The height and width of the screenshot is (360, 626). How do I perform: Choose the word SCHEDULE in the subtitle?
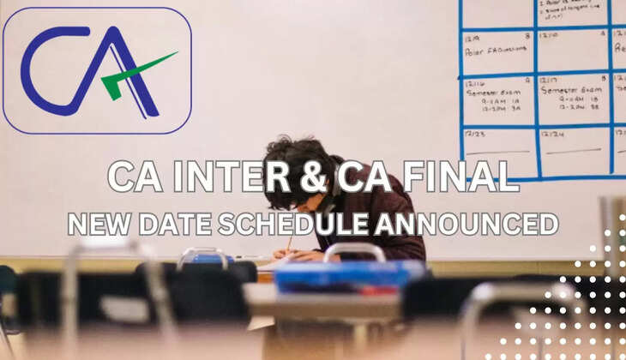pos(292,225)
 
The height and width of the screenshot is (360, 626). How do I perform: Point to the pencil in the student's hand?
pos(290,244)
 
